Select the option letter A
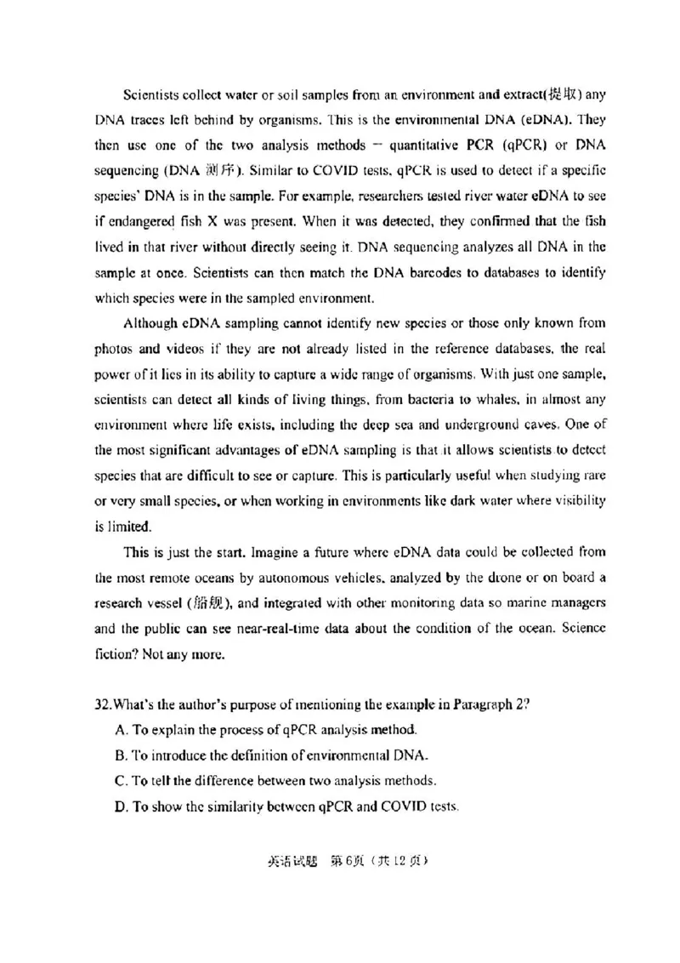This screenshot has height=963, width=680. [119, 730]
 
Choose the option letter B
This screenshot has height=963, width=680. [119, 755]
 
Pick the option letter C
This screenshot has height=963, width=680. [119, 780]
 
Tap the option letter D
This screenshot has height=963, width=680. [119, 806]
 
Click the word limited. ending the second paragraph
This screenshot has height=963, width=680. [110, 526]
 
